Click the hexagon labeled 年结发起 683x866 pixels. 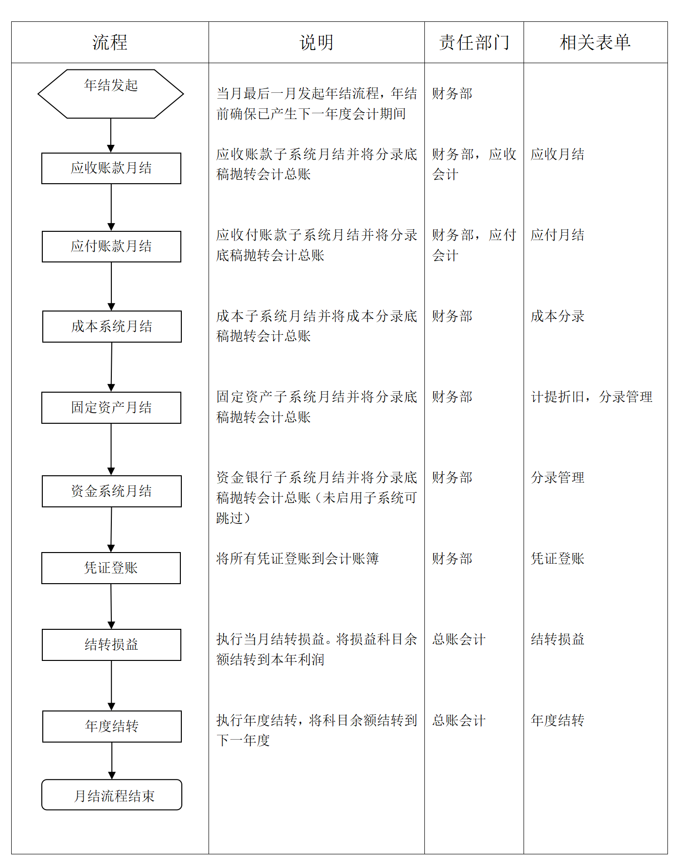[x=111, y=94]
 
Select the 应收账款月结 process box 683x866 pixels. [x=111, y=168]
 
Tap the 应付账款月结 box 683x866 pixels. [x=111, y=246]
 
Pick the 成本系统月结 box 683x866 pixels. [x=112, y=327]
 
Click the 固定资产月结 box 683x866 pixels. [x=111, y=408]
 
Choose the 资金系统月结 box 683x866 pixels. [x=112, y=491]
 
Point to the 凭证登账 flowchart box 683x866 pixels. [x=111, y=568]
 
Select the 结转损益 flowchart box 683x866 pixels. [x=111, y=645]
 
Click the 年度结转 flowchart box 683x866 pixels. [x=112, y=727]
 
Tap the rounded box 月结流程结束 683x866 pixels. [x=112, y=795]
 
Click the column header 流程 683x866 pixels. [x=110, y=43]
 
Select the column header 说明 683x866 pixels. [x=316, y=43]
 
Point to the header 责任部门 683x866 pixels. [x=474, y=43]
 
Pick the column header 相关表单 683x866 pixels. [x=595, y=43]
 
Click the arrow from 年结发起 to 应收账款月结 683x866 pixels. [x=111, y=136]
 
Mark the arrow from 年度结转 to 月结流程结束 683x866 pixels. [x=112, y=761]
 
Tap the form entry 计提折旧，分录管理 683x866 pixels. [x=592, y=397]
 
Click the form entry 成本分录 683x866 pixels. [x=558, y=316]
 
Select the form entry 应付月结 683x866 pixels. [x=558, y=235]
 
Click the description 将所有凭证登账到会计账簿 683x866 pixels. [x=298, y=559]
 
